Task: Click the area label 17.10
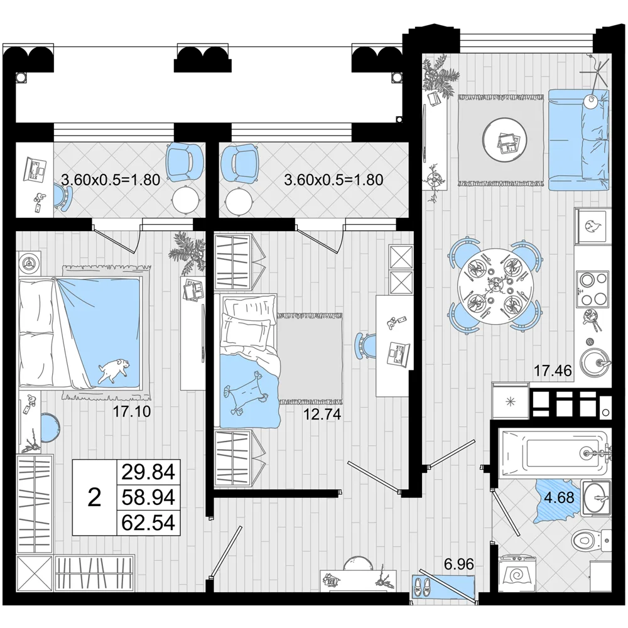click(x=132, y=411)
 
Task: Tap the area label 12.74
click(x=322, y=414)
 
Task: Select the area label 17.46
click(x=553, y=371)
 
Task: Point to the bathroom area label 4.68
click(x=559, y=497)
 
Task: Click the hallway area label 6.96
click(x=459, y=565)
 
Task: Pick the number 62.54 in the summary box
click(x=148, y=522)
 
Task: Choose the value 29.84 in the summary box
click(x=148, y=472)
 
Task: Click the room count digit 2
click(x=94, y=497)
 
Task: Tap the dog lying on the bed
click(x=114, y=370)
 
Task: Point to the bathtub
click(x=555, y=454)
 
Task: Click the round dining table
click(x=494, y=287)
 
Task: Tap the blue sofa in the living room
click(x=578, y=140)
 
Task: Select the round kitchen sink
click(x=595, y=363)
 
